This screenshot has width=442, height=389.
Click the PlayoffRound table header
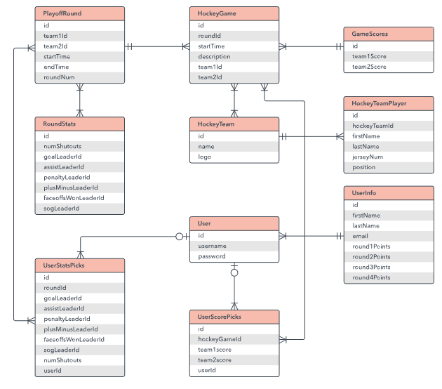pyautogui.click(x=79, y=13)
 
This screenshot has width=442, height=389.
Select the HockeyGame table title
pyautogui.click(x=234, y=13)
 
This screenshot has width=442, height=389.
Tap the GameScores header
pyautogui.click(x=388, y=34)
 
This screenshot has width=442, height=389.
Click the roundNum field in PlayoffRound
pyautogui.click(x=79, y=77)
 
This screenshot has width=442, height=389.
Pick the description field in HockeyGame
pyautogui.click(x=234, y=56)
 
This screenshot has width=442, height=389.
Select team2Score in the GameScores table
pyautogui.click(x=388, y=67)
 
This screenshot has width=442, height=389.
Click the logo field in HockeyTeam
pyautogui.click(x=234, y=157)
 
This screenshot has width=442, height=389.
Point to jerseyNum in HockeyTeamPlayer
pyautogui.click(x=388, y=157)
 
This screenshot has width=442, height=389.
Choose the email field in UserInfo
pyautogui.click(x=388, y=236)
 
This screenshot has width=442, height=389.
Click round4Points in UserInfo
pyautogui.click(x=388, y=277)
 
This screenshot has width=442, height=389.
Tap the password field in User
pyautogui.click(x=234, y=256)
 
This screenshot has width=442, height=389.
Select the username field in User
pyautogui.click(x=234, y=246)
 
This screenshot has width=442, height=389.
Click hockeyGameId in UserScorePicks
pyautogui.click(x=234, y=338)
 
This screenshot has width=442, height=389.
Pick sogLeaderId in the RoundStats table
pyautogui.click(x=79, y=209)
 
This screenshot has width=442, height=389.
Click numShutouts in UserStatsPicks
pyautogui.click(x=79, y=360)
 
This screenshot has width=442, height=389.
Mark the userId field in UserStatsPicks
pyautogui.click(x=79, y=370)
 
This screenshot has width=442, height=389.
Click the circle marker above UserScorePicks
pyautogui.click(x=234, y=272)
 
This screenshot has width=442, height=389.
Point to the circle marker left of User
pyautogui.click(x=180, y=236)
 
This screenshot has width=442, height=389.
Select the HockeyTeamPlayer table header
pyautogui.click(x=388, y=103)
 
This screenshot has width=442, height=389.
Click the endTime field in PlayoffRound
pyautogui.click(x=79, y=67)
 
